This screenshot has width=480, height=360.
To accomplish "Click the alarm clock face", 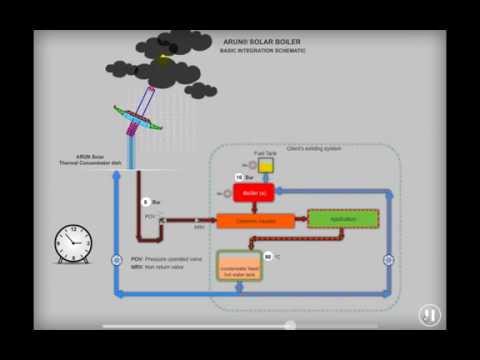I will click(75, 243).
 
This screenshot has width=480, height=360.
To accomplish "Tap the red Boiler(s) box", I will click(254, 192).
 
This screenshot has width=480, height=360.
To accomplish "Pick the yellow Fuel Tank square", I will click(265, 165).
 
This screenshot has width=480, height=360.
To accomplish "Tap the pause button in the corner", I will click(429, 314).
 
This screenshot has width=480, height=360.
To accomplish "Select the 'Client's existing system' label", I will click(312, 149).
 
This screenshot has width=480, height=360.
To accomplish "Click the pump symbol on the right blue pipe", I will click(388, 260).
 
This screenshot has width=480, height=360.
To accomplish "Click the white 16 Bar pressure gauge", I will click(240, 177).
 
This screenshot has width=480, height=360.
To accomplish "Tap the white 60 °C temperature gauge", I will click(268, 256).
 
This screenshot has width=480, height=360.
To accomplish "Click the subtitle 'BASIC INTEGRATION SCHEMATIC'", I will click(263, 50).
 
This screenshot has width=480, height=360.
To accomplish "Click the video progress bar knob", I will click(290, 325).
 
